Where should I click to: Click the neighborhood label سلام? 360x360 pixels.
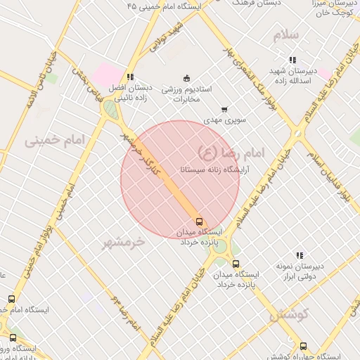click(x=287, y=34)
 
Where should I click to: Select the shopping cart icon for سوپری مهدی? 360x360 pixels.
click(x=224, y=109)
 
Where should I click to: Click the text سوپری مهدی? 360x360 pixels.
click(x=224, y=121)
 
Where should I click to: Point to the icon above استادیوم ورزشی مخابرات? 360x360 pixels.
click(x=186, y=78)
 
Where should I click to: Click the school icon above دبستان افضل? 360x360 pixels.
click(x=129, y=77)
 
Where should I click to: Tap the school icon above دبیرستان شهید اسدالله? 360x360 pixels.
click(x=292, y=60)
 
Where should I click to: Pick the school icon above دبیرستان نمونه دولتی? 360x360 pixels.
click(x=300, y=255)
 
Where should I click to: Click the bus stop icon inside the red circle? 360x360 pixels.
click(x=199, y=221)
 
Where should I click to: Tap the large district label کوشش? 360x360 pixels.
click(x=289, y=316)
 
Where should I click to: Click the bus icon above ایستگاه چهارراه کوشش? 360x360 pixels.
click(x=303, y=346)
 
